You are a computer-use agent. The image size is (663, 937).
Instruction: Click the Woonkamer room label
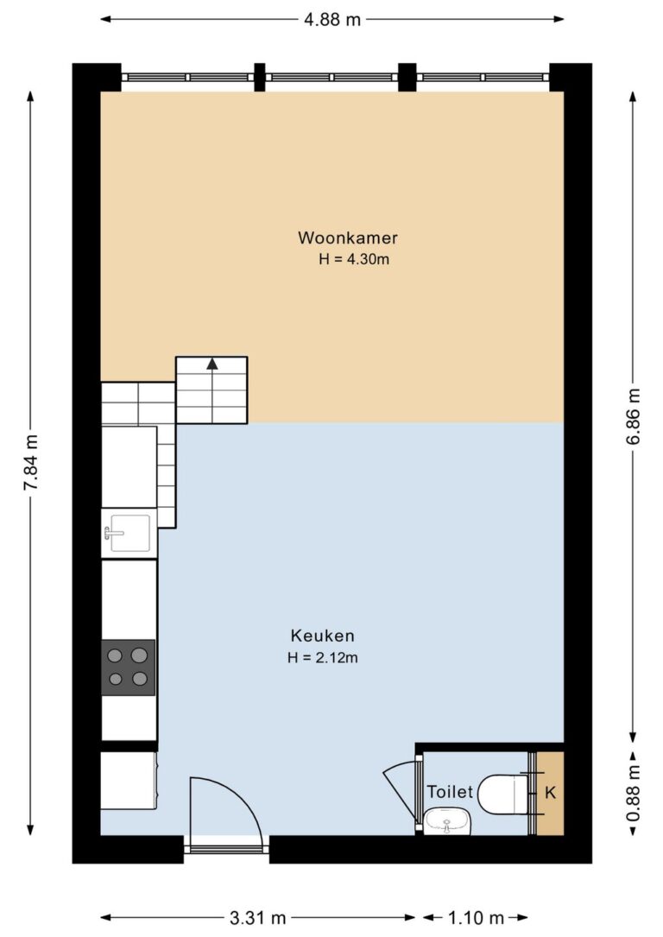pyautogui.click(x=348, y=237)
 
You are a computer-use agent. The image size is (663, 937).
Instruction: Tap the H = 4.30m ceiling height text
pyautogui.click(x=354, y=259)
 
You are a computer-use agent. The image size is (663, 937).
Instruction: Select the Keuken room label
pyautogui.click(x=323, y=636)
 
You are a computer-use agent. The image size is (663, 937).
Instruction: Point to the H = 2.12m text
pyautogui.click(x=323, y=658)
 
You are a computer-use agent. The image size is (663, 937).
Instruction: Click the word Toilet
pyautogui.click(x=450, y=792)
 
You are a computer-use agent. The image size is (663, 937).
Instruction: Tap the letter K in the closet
pyautogui.click(x=550, y=793)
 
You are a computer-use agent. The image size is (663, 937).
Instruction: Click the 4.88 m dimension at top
pyautogui.click(x=332, y=20)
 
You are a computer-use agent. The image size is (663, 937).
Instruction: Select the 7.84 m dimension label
pyautogui.click(x=31, y=463)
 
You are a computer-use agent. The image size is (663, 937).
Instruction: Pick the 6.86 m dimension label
pyautogui.click(x=634, y=416)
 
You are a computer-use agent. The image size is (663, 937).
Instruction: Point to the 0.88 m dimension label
pyautogui.click(x=634, y=793)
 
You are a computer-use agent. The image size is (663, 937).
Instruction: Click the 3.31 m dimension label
pyautogui.click(x=258, y=917)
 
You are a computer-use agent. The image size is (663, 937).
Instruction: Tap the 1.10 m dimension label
pyautogui.click(x=476, y=917)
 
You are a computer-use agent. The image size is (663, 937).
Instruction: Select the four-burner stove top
pyautogui.click(x=128, y=668)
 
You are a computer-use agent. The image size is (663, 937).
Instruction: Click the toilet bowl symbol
pyautogui.click(x=503, y=795)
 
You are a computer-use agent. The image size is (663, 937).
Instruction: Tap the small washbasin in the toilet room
pyautogui.click(x=447, y=821)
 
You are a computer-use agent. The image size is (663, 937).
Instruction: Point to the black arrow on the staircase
pyautogui.click(x=212, y=364)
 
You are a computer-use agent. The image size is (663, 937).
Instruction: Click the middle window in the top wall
pyautogui.click(x=331, y=77)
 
